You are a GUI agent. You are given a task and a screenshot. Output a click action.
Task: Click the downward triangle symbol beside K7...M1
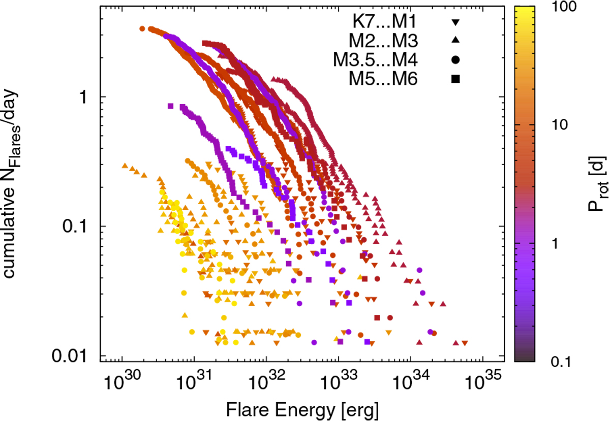(455, 22)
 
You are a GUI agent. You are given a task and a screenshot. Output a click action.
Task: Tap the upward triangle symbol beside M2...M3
(455, 40)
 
